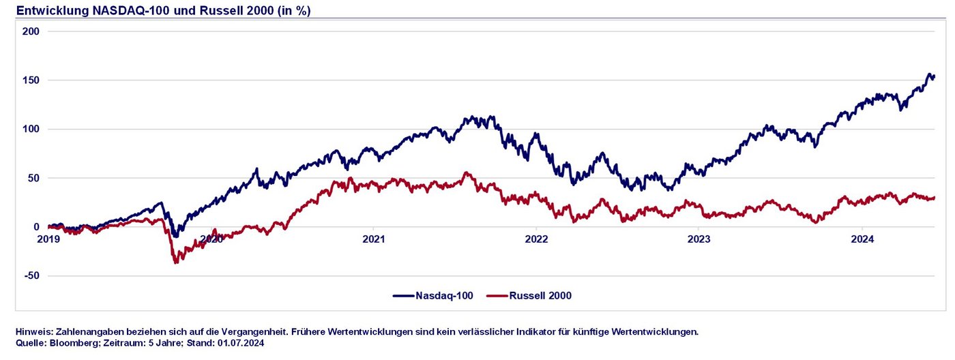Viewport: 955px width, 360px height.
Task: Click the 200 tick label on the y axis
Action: click(x=31, y=31)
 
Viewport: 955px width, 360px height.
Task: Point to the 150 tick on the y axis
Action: click(x=31, y=80)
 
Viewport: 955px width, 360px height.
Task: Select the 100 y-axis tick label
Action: click(x=31, y=130)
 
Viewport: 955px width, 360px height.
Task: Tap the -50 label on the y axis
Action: click(x=31, y=276)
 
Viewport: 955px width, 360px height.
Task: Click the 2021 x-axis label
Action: click(x=374, y=239)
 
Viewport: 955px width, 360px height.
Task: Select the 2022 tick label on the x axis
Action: click(x=536, y=239)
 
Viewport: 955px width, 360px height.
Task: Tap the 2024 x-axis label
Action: click(x=862, y=239)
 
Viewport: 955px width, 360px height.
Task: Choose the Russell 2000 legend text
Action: click(x=542, y=296)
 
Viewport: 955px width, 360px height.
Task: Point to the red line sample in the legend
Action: click(x=498, y=296)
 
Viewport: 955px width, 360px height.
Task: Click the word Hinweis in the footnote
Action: click(x=32, y=332)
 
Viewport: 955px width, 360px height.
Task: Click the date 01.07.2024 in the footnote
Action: click(x=241, y=343)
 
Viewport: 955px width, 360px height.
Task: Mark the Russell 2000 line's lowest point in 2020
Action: click(x=176, y=262)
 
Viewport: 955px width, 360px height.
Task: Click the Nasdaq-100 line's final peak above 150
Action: click(x=929, y=74)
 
